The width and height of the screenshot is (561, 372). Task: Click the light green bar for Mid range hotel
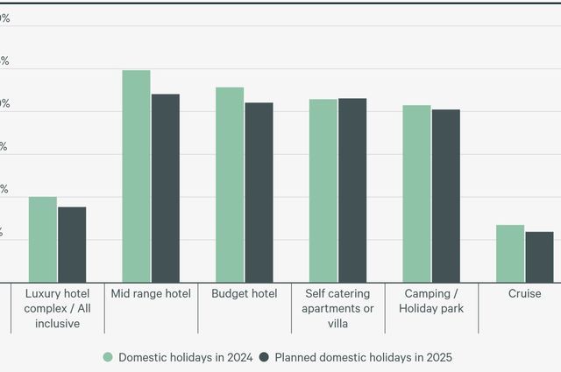[x=136, y=176]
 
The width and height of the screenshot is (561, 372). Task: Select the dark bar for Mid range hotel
[x=165, y=188]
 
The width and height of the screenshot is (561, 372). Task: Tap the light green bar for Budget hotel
[x=230, y=185]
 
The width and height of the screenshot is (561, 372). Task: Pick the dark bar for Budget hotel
[x=259, y=193]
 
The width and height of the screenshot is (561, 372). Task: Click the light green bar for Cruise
[x=510, y=254]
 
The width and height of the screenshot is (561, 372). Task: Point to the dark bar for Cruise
[x=539, y=257]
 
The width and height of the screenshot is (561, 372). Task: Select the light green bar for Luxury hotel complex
[x=43, y=240]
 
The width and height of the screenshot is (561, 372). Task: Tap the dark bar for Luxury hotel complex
[x=72, y=245]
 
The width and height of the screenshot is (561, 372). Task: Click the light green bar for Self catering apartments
[x=323, y=191]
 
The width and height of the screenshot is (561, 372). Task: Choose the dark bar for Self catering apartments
[x=352, y=190]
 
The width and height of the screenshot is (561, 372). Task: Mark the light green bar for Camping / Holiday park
[x=417, y=193]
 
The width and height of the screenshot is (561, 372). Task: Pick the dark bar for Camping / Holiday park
[x=446, y=196]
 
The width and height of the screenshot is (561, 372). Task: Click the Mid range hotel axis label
[x=151, y=294]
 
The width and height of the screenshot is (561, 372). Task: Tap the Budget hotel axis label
[x=245, y=294]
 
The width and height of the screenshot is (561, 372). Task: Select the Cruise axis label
[x=525, y=294]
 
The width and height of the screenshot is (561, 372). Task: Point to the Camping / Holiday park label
[x=431, y=301]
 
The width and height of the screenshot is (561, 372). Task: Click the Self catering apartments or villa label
[x=338, y=308]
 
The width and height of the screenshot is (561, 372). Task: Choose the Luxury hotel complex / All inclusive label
[x=58, y=308]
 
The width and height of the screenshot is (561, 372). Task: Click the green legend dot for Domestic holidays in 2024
[x=109, y=357]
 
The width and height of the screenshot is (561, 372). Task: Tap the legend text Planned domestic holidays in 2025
[x=363, y=357]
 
